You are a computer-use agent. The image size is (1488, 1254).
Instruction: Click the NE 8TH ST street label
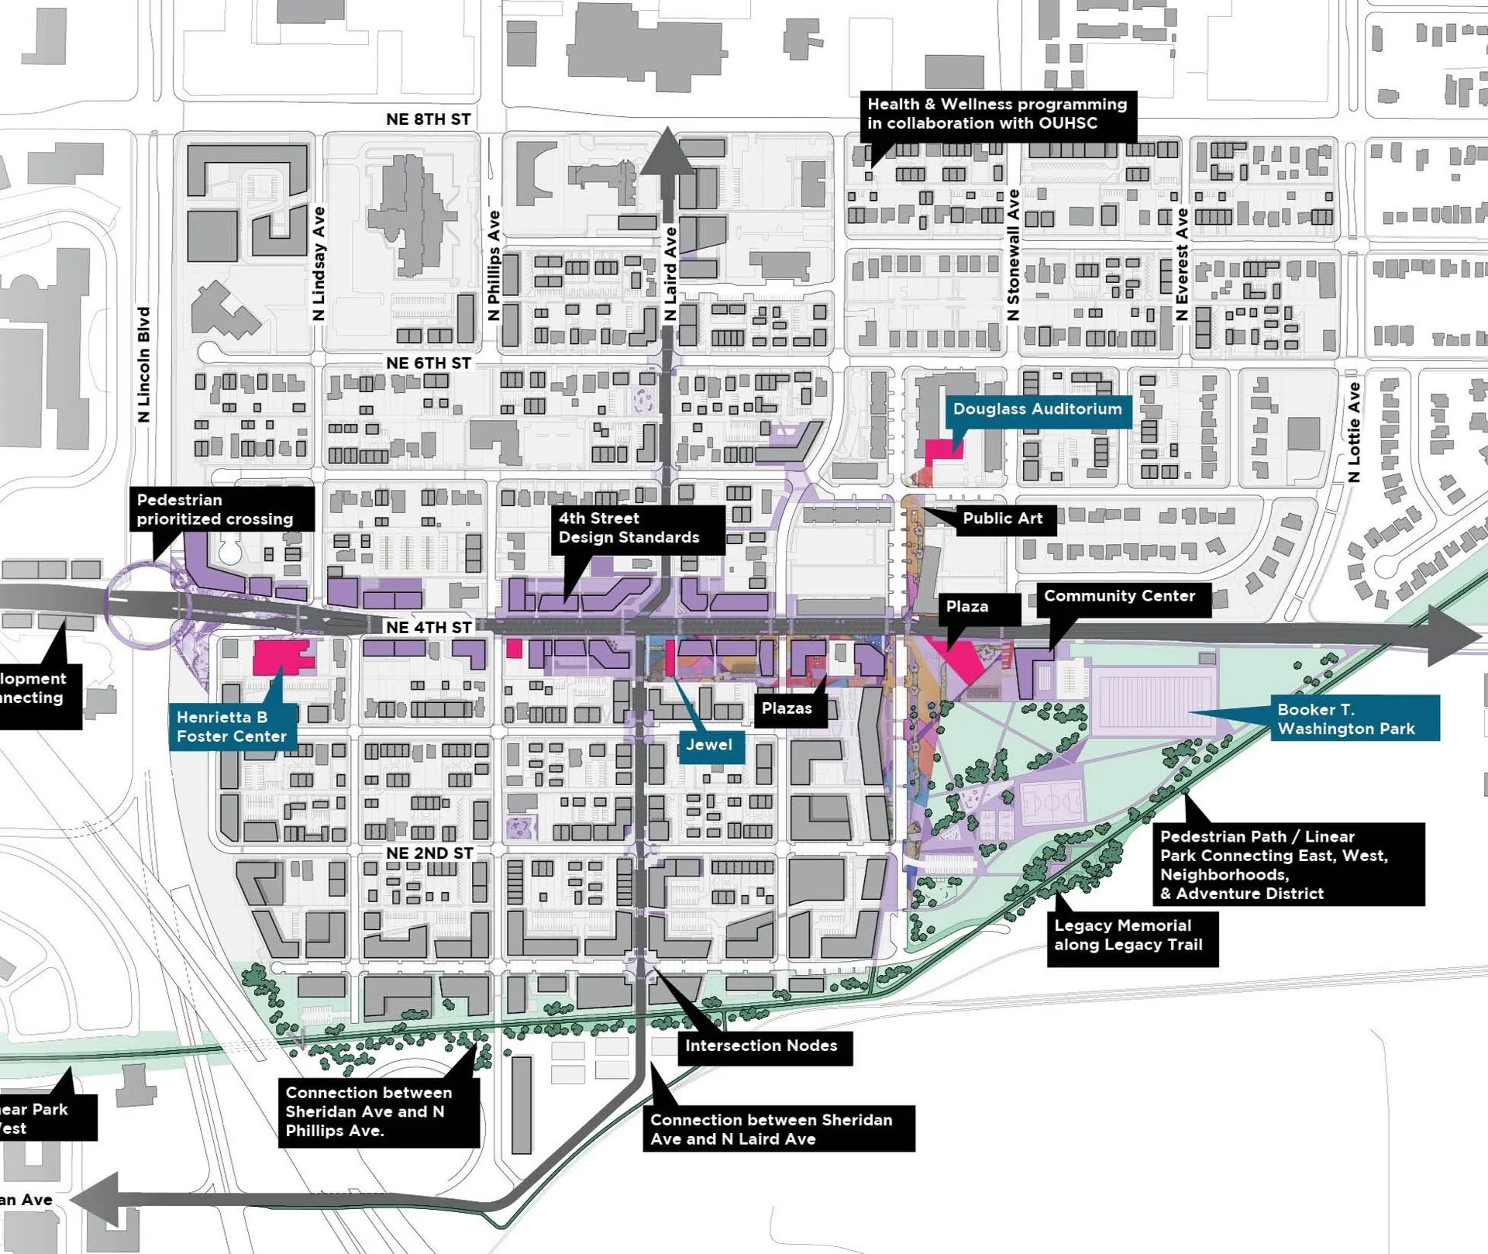(x=428, y=119)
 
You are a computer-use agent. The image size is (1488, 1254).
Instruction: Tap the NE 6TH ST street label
(x=428, y=363)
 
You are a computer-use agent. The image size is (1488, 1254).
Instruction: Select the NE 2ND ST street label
(x=429, y=853)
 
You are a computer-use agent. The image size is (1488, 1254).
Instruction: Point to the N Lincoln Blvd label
(x=143, y=364)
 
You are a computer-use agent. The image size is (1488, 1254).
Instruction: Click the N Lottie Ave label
(x=1354, y=432)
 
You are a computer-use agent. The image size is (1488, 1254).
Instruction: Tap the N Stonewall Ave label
(x=1013, y=255)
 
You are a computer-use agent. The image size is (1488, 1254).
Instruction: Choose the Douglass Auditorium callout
(x=1037, y=409)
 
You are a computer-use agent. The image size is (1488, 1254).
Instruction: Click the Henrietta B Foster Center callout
(x=232, y=726)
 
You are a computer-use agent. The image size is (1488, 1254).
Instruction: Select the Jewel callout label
(x=708, y=745)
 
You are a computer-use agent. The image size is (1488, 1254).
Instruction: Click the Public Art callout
(x=1002, y=518)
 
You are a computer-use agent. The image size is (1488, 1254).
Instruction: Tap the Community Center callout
(x=1119, y=596)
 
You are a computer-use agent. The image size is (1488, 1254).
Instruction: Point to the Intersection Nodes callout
(x=761, y=1046)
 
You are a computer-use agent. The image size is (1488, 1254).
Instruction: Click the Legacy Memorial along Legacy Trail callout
(x=1128, y=935)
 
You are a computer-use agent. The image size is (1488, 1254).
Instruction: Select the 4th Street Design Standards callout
(x=629, y=528)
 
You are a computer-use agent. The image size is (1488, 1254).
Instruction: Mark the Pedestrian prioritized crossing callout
(x=215, y=509)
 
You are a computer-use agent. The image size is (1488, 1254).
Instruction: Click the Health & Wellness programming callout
(x=997, y=114)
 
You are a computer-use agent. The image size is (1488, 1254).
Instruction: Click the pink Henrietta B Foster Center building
(x=281, y=656)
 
